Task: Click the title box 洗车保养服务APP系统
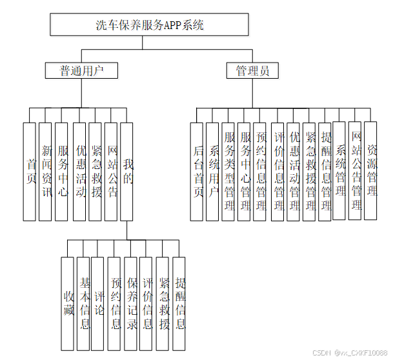point(150,25)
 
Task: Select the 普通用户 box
point(81,70)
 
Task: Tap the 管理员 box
point(252,70)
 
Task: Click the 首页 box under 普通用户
point(29,171)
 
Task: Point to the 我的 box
point(127,171)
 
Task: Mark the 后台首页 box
point(198,171)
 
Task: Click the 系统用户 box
point(214,171)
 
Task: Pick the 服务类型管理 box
point(228,171)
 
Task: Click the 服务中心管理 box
point(245,171)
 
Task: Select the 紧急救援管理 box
point(309,171)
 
